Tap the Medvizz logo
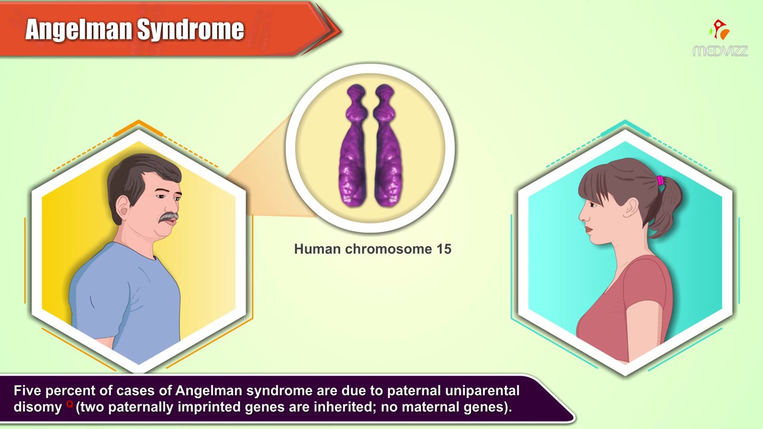[x=720, y=39]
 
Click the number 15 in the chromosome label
[x=443, y=249]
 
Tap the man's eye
[x=162, y=196]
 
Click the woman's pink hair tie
[x=660, y=181]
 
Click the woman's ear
[x=630, y=208]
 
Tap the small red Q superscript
[x=69, y=404]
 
